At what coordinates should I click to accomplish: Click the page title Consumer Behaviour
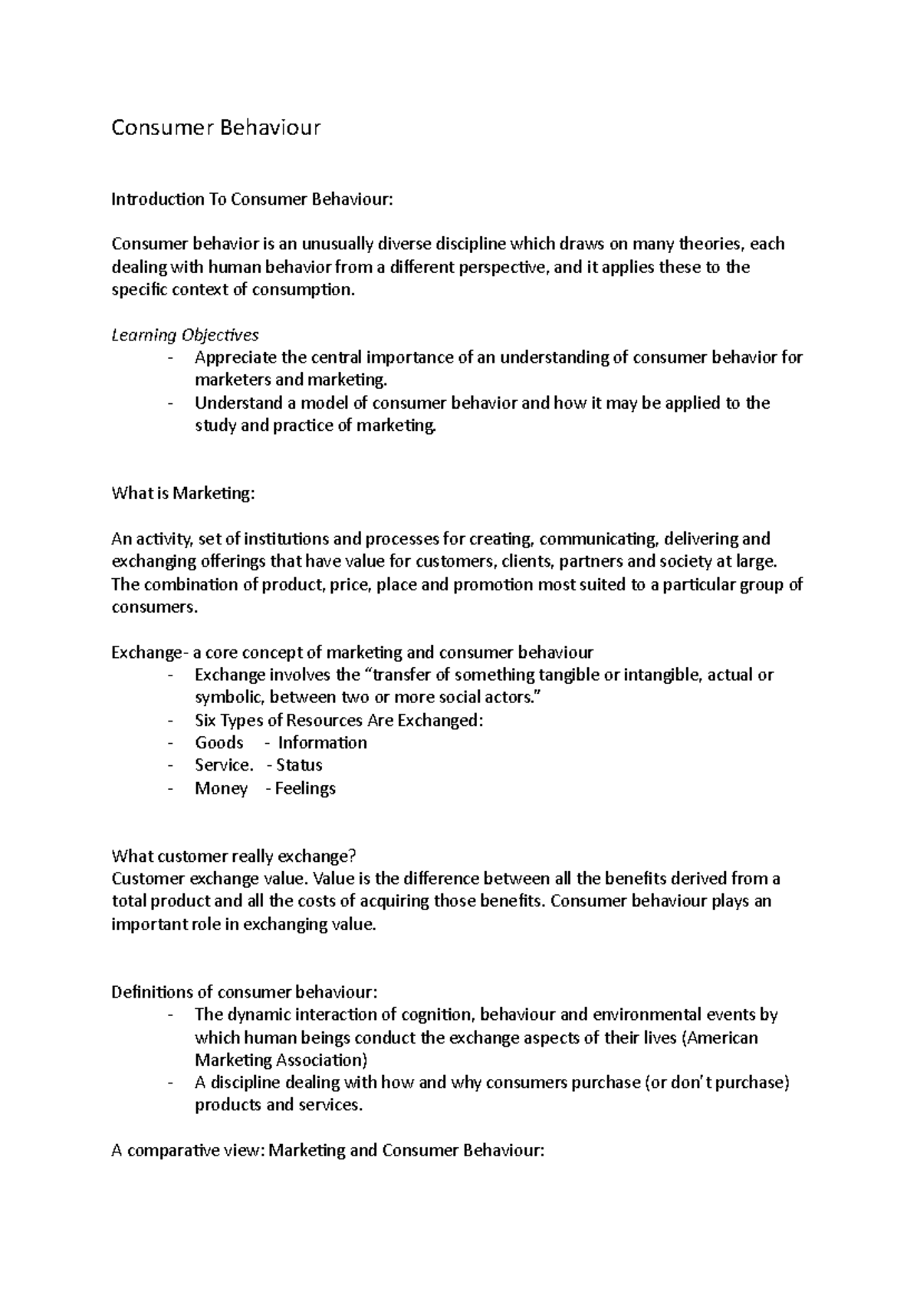(x=215, y=127)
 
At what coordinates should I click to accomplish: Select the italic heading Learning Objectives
(x=185, y=335)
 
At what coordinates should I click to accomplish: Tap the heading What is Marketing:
(x=182, y=494)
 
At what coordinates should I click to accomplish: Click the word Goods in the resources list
(x=219, y=743)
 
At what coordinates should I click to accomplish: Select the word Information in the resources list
(x=322, y=743)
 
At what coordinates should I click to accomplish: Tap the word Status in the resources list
(x=299, y=765)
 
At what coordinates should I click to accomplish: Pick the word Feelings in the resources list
(x=305, y=788)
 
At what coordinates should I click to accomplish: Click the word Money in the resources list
(x=221, y=788)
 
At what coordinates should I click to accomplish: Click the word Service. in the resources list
(x=224, y=765)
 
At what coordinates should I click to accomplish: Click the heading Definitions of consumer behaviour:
(x=245, y=992)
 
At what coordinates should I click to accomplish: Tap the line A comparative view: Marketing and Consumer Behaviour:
(x=328, y=1151)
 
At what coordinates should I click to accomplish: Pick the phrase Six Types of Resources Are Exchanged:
(x=340, y=721)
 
